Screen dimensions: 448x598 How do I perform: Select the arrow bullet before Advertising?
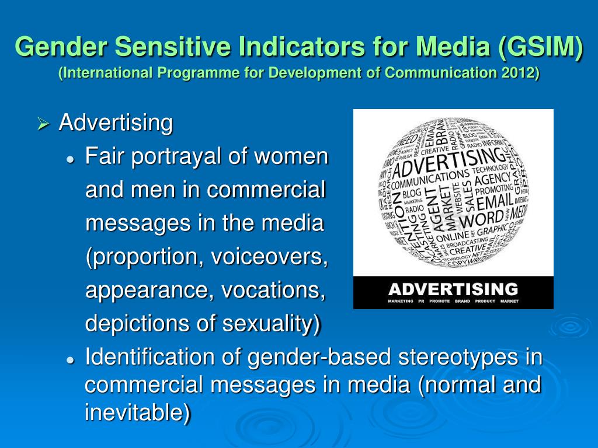click(43, 124)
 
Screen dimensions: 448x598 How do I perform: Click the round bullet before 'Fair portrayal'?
click(71, 159)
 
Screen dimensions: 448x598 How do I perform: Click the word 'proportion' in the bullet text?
click(139, 258)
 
